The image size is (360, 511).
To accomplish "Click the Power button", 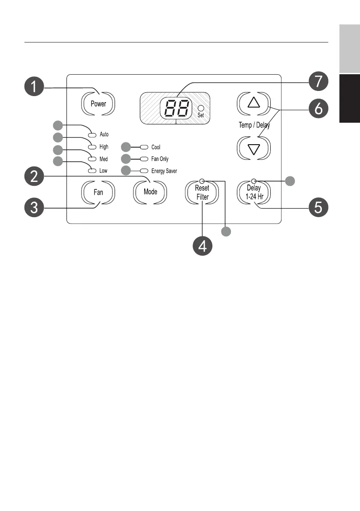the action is coord(98,104).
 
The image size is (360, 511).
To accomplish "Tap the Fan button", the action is coord(98,192).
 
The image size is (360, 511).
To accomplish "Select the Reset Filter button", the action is coord(202,192).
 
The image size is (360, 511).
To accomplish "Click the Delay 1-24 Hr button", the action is coord(254,192).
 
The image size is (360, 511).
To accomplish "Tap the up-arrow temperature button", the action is coord(254,103).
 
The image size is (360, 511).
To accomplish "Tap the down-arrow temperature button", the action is coord(254,148).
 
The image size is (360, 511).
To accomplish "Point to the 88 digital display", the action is coord(175,108).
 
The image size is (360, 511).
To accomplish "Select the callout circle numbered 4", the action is coord(203,246).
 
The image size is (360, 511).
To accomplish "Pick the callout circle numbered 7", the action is coord(318,81).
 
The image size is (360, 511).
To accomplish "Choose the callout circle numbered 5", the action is coord(318,207).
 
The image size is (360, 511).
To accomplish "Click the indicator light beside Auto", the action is coord(92,135).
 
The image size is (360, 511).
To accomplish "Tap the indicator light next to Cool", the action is coord(144,147).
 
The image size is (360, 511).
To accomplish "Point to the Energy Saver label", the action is coord(164,171).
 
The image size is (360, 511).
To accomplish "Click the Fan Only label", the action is coord(160,159).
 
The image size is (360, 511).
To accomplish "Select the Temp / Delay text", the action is coord(254,125).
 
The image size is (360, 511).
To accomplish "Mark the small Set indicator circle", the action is coord(201,108).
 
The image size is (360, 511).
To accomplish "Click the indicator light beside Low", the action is coord(92,171).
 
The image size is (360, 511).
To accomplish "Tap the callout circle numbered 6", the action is coord(318,108).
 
